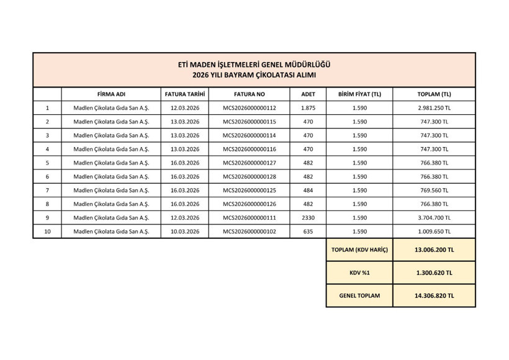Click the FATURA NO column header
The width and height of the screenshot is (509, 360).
(x=249, y=94)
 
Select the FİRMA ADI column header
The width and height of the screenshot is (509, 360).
(x=111, y=94)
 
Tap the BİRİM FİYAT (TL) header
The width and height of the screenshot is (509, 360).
(x=359, y=94)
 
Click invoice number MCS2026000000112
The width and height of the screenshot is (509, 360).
(x=249, y=108)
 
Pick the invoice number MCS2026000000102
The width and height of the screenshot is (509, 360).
(x=249, y=232)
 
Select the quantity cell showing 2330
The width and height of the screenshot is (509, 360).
(x=308, y=218)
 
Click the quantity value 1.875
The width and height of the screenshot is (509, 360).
(x=308, y=108)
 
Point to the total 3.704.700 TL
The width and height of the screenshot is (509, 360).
(x=434, y=218)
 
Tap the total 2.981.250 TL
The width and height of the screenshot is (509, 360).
(x=434, y=108)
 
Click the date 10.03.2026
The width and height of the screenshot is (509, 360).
(x=184, y=232)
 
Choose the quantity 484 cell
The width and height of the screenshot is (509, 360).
(x=308, y=191)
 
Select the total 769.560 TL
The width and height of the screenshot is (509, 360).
(x=434, y=191)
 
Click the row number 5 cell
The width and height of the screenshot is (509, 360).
(x=47, y=163)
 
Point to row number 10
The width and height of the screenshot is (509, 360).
(x=47, y=232)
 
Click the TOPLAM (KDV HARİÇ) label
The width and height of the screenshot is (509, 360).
(x=359, y=250)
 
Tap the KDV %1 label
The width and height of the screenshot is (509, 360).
(x=359, y=273)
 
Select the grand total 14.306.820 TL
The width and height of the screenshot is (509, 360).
(x=434, y=296)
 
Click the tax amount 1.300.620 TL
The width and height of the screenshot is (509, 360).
(x=434, y=273)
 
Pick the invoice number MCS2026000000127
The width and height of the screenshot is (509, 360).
(x=249, y=163)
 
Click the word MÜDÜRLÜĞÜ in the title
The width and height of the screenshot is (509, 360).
(x=309, y=65)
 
